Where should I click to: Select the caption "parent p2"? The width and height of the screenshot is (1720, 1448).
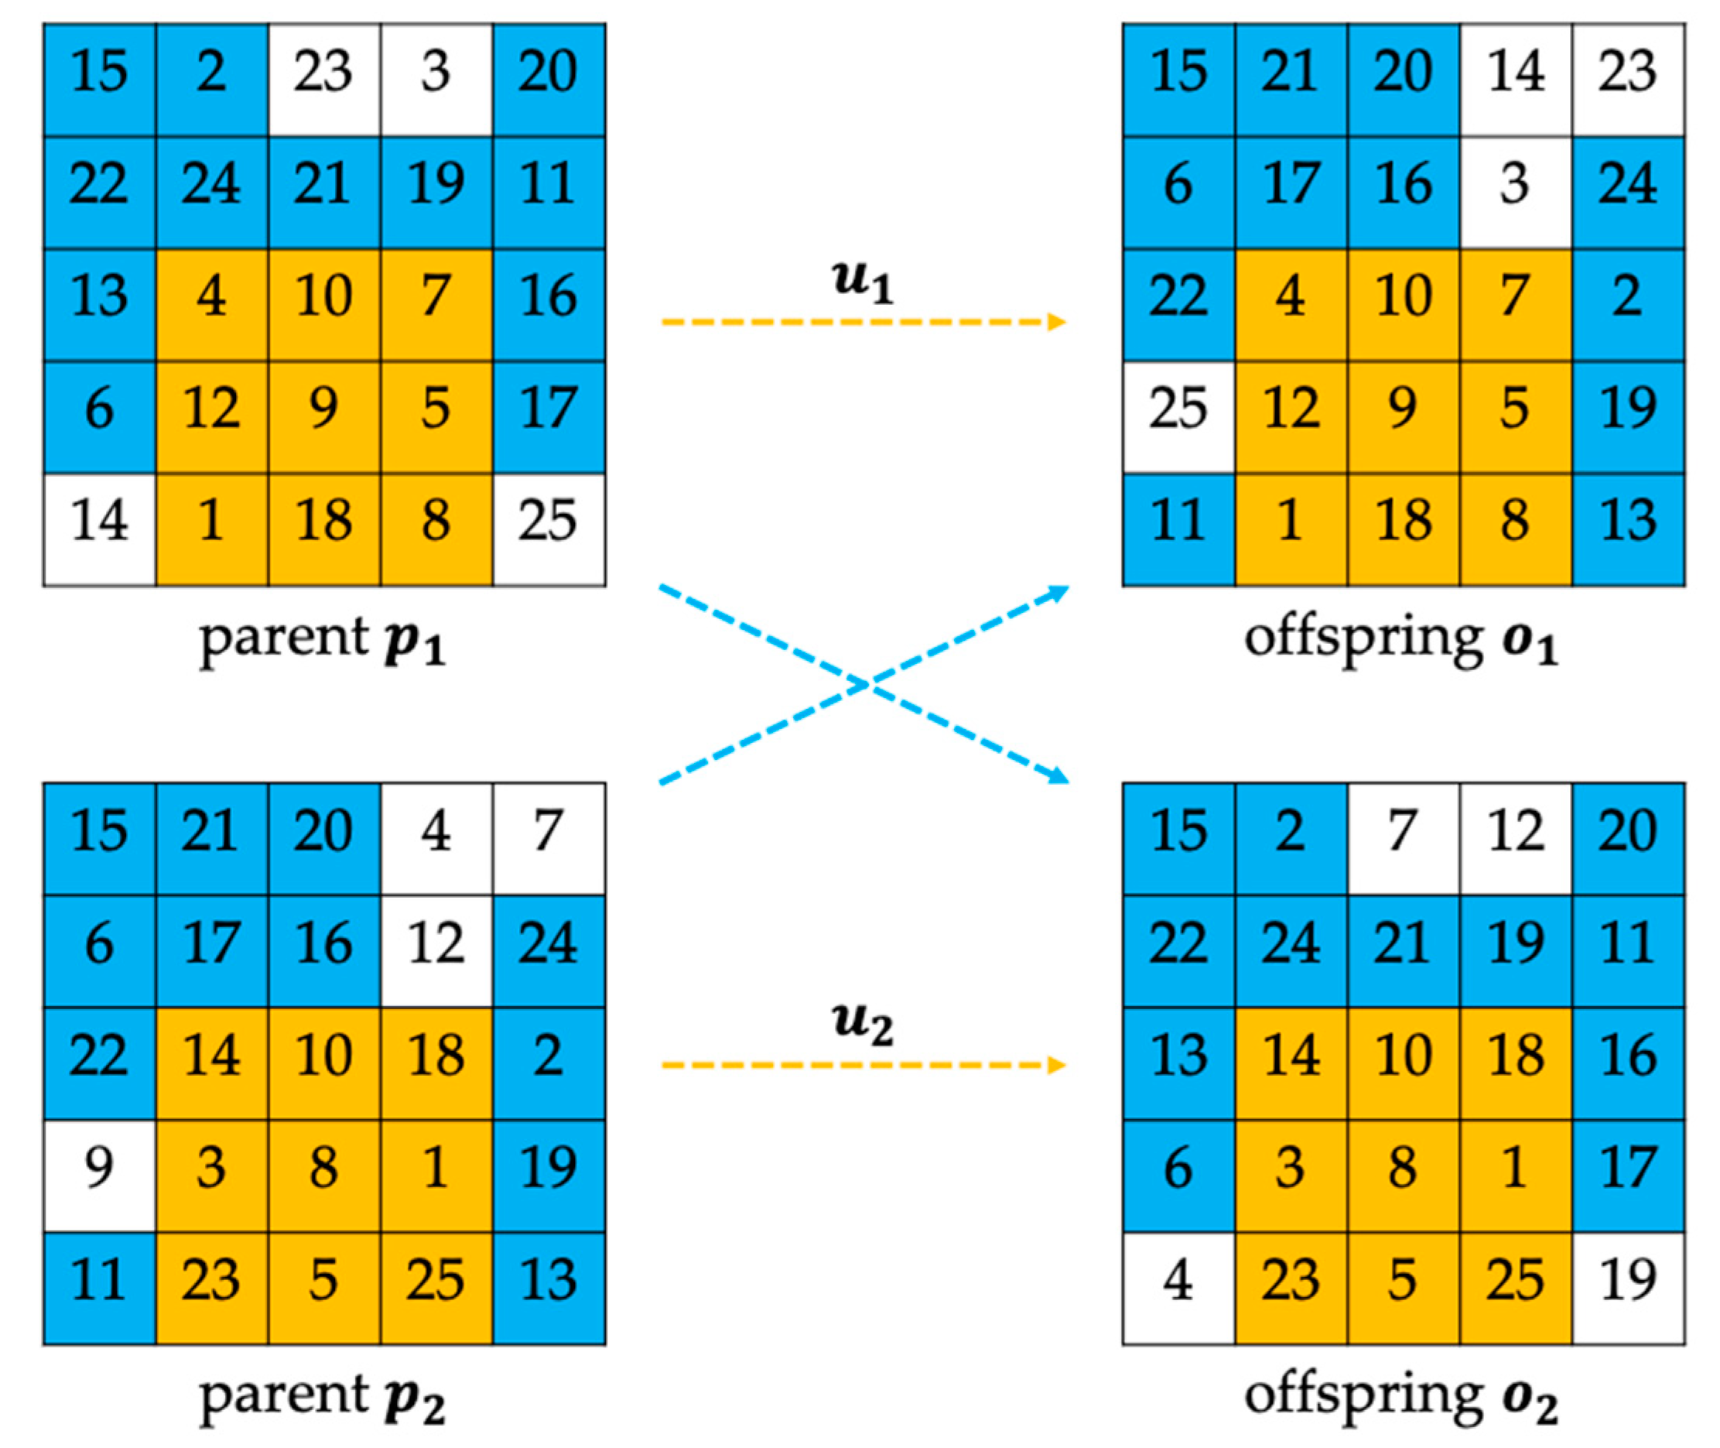tap(323, 1399)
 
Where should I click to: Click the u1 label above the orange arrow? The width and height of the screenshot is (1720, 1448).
tap(863, 282)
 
